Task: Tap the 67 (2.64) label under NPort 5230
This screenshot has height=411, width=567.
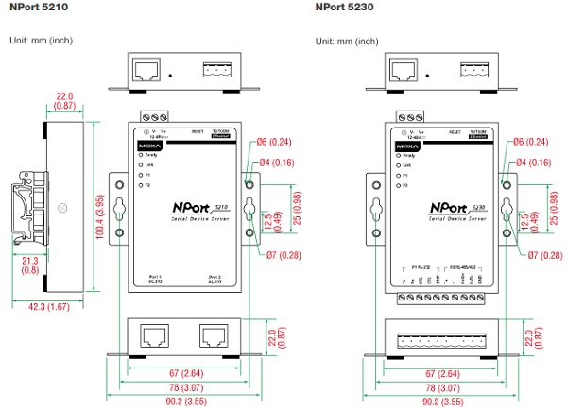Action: (x=437, y=375)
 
